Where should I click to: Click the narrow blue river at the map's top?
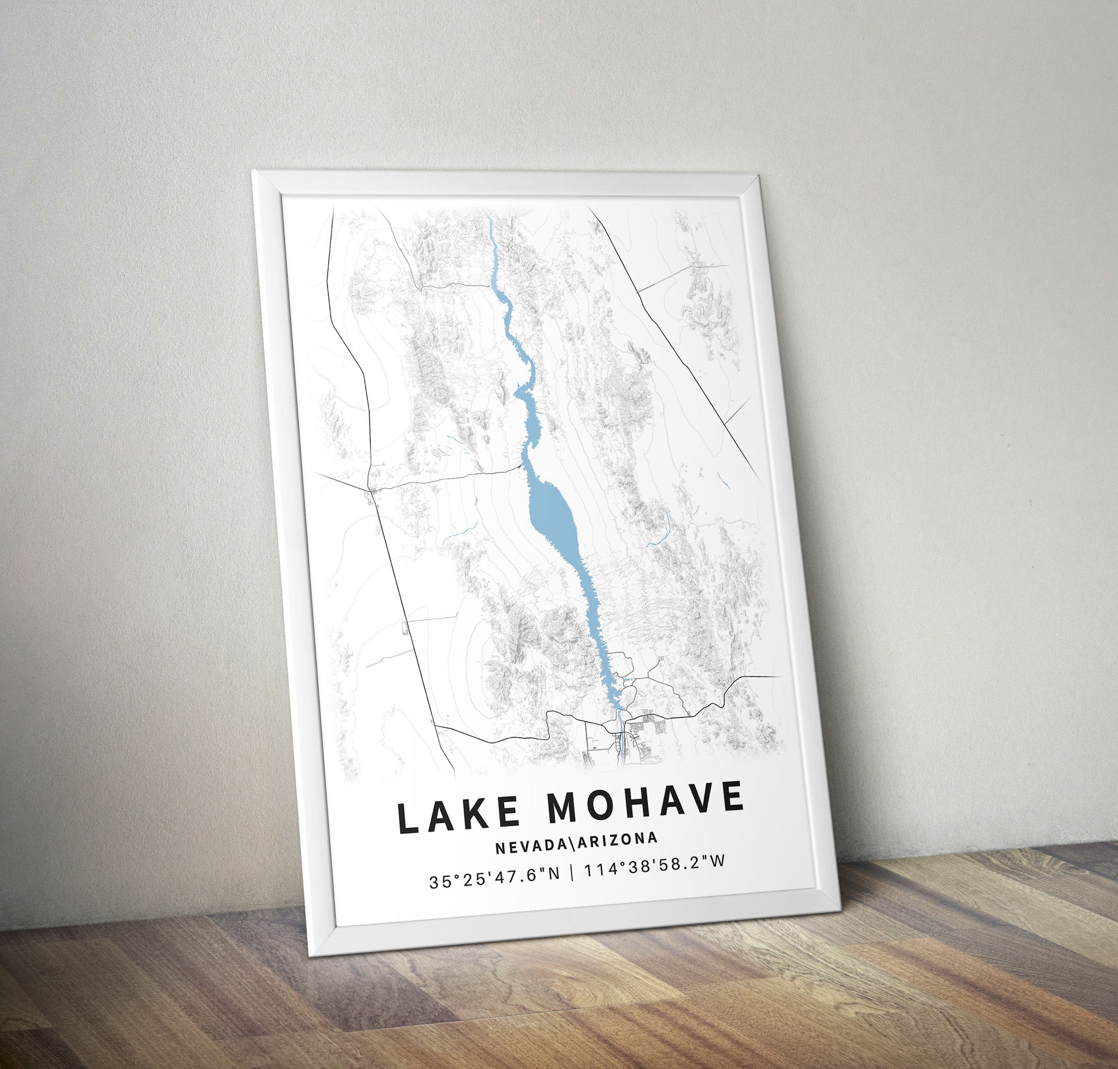point(491,240)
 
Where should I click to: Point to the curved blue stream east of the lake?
point(664,524)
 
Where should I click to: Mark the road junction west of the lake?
point(370,488)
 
